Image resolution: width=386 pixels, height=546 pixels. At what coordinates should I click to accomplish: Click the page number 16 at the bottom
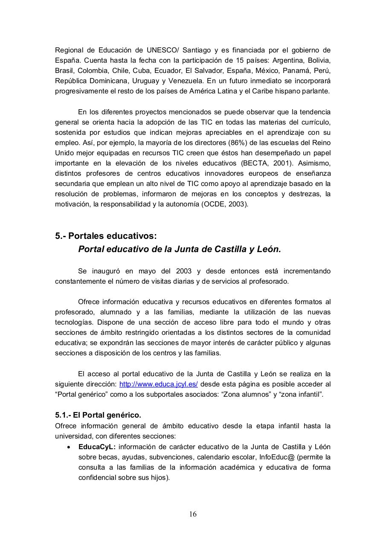[x=193, y=514]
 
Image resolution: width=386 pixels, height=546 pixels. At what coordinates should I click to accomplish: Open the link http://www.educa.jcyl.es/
[x=158, y=384]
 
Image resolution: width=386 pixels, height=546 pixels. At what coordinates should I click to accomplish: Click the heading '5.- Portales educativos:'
[x=106, y=236]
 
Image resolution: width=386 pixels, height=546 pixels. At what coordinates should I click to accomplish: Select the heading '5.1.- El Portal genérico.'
[x=98, y=415]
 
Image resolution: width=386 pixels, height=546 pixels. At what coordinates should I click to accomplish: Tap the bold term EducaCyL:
[x=97, y=447]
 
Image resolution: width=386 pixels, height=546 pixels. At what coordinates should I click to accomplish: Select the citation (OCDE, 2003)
[x=224, y=204]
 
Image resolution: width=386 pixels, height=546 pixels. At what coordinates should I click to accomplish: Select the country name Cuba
[x=141, y=71]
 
